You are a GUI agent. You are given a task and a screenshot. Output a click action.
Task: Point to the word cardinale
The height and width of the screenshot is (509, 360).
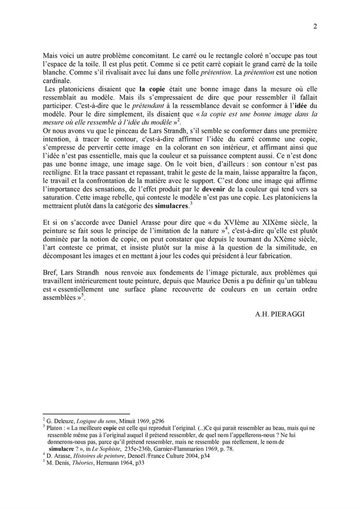pos(59,81)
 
